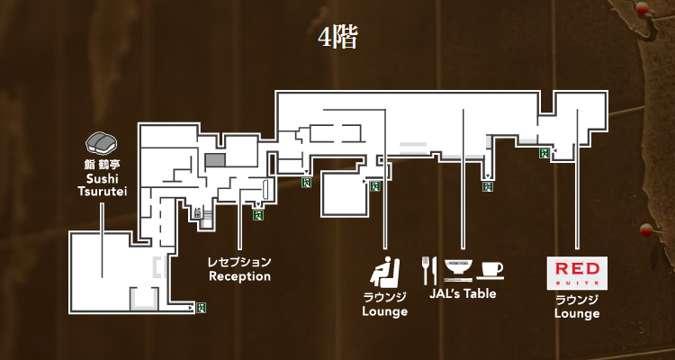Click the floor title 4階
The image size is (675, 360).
click(x=337, y=39)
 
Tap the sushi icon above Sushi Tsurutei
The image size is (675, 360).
click(x=102, y=142)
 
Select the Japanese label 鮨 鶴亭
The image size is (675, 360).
click(x=101, y=166)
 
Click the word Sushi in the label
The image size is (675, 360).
click(x=101, y=179)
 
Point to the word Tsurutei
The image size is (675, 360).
click(x=101, y=192)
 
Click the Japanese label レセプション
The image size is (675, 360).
click(x=239, y=262)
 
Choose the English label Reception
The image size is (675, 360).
click(x=239, y=276)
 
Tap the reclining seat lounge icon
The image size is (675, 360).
click(x=385, y=270)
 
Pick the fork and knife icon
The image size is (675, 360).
click(x=429, y=269)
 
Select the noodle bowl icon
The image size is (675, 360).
click(x=459, y=267)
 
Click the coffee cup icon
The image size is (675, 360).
click(x=491, y=269)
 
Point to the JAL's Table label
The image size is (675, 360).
click(x=462, y=293)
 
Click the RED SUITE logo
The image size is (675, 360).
click(x=578, y=272)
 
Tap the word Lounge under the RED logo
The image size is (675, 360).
click(x=577, y=313)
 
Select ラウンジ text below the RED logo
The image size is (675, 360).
click(x=577, y=299)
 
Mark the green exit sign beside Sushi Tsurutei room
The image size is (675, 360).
click(x=200, y=309)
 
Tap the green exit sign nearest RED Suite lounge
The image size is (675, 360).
click(x=543, y=154)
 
